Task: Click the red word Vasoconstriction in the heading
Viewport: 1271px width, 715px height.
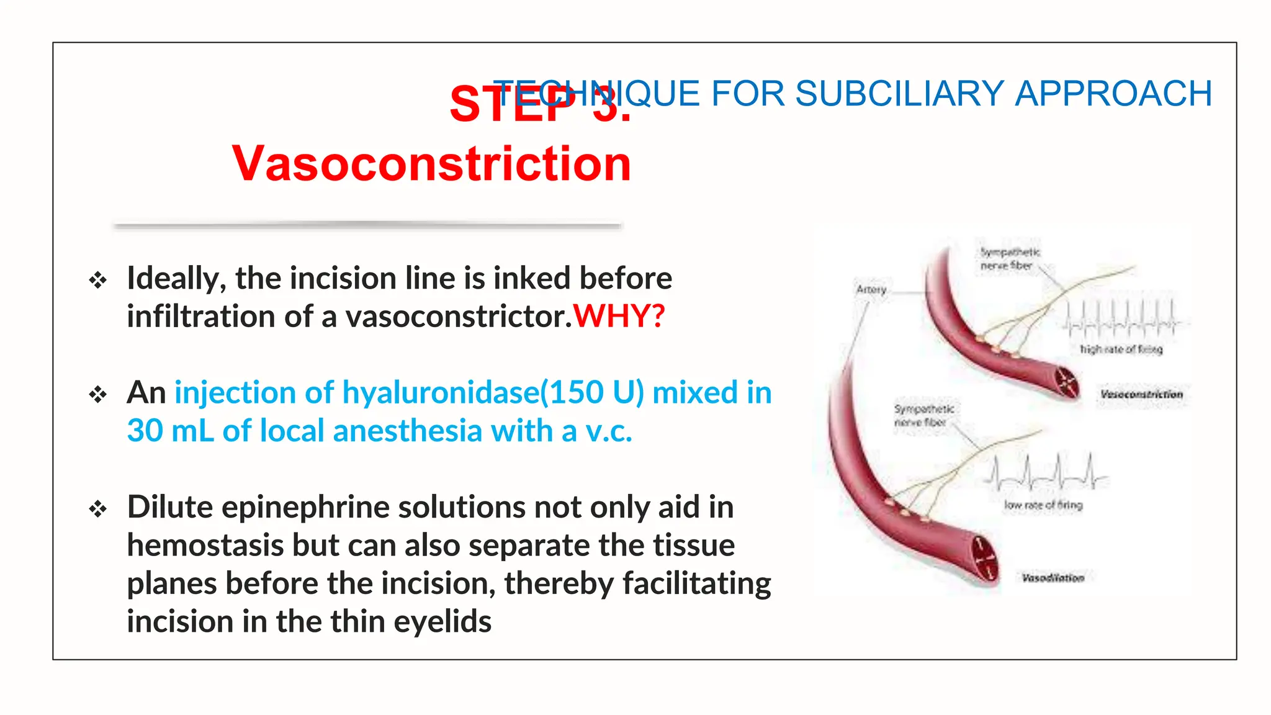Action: click(431, 164)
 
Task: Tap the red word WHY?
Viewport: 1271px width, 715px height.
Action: click(619, 317)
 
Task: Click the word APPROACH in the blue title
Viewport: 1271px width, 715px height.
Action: click(1113, 94)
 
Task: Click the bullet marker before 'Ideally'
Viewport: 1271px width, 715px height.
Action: click(98, 280)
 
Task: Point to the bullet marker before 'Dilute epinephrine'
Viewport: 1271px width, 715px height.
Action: click(98, 510)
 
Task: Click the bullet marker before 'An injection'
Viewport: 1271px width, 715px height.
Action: click(98, 394)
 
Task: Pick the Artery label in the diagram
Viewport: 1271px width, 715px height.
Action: click(871, 290)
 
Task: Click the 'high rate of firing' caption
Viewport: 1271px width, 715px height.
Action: click(1121, 349)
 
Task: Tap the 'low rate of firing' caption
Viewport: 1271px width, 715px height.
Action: click(1043, 505)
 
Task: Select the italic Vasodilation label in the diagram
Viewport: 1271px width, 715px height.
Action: click(1053, 578)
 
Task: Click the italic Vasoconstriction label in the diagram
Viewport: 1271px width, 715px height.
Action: click(1141, 394)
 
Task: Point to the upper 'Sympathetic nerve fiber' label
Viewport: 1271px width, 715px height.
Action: click(1009, 259)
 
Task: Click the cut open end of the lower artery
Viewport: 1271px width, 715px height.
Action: click(982, 558)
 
